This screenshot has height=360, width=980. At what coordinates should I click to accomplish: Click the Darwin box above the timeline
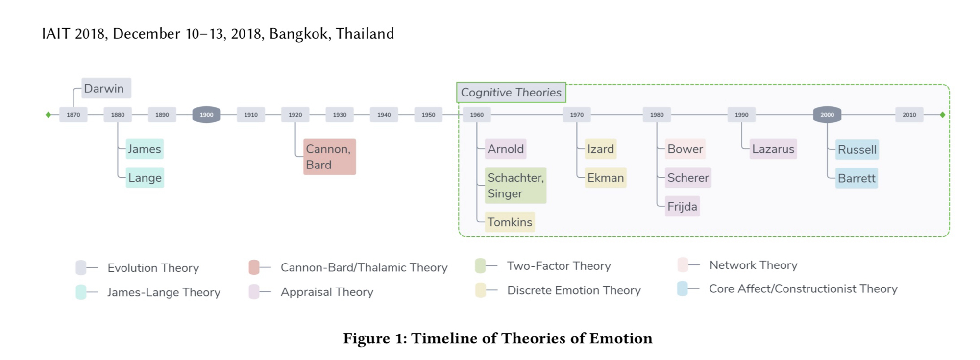[x=106, y=89]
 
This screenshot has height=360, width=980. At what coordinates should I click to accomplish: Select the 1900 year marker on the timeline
[x=206, y=115]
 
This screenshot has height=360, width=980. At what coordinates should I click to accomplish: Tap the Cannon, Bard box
[x=329, y=157]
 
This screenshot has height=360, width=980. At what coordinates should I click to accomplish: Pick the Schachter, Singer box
[x=515, y=186]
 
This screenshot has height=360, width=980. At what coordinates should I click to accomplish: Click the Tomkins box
[x=510, y=222]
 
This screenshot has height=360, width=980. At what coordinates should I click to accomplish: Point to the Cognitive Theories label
[x=511, y=93]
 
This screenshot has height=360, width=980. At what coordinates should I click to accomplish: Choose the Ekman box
[x=606, y=178]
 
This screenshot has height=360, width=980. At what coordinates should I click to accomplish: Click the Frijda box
[x=682, y=207]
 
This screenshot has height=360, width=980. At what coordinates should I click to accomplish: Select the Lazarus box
[x=773, y=149]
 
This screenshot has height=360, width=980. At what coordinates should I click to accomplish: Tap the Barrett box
[x=857, y=178]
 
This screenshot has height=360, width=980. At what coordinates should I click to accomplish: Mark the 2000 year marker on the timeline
[x=827, y=115]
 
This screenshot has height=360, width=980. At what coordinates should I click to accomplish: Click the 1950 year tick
[x=428, y=115]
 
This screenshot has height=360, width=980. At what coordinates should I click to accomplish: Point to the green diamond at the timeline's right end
[x=942, y=115]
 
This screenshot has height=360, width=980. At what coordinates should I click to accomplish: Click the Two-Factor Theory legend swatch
[x=480, y=266]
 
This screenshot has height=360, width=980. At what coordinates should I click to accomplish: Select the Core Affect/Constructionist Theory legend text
[x=803, y=289]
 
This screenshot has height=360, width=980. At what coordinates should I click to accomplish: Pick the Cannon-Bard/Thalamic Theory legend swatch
[x=254, y=267]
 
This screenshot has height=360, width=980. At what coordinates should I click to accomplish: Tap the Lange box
[x=145, y=178]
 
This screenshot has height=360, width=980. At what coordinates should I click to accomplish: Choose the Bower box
[x=685, y=149]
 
